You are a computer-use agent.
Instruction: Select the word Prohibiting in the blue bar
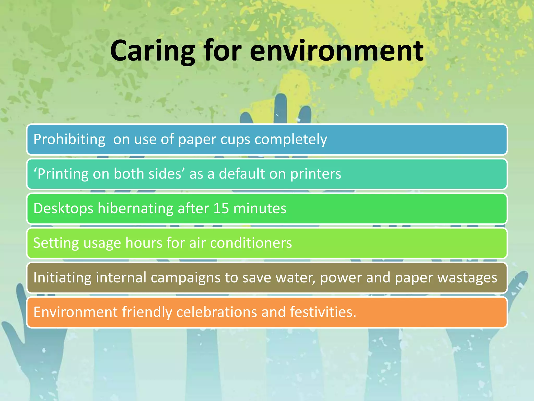pyautogui.click(x=69, y=139)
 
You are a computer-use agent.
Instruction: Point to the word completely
pyautogui.click(x=291, y=139)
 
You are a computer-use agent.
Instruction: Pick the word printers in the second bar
pyautogui.click(x=315, y=174)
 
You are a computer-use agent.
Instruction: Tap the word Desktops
pyautogui.click(x=63, y=208)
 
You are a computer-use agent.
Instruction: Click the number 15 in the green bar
pyautogui.click(x=221, y=208)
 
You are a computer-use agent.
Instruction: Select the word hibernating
pyautogui.click(x=135, y=208)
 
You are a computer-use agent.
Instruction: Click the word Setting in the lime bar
pyautogui.click(x=56, y=243)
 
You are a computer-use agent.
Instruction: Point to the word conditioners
pyautogui.click(x=251, y=243)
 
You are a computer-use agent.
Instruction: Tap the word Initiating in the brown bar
pyautogui.click(x=62, y=277)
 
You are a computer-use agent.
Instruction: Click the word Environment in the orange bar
pyautogui.click(x=76, y=312)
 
